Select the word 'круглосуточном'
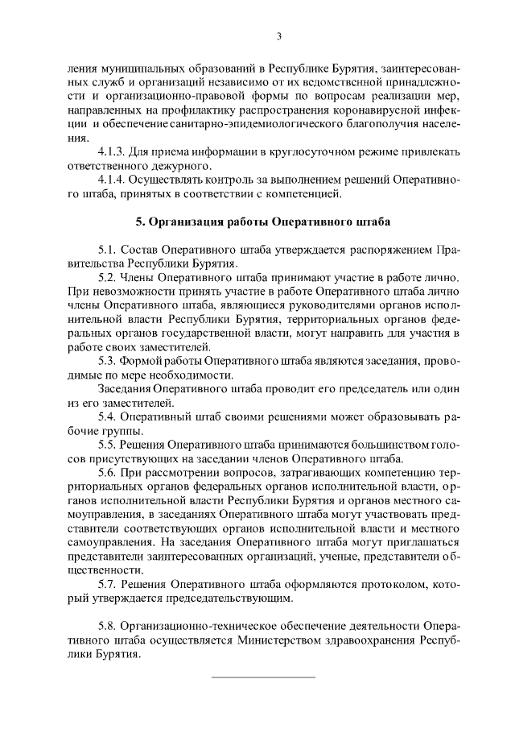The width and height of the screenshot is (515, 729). (257, 152)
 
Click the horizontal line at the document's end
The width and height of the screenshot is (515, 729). (262, 677)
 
